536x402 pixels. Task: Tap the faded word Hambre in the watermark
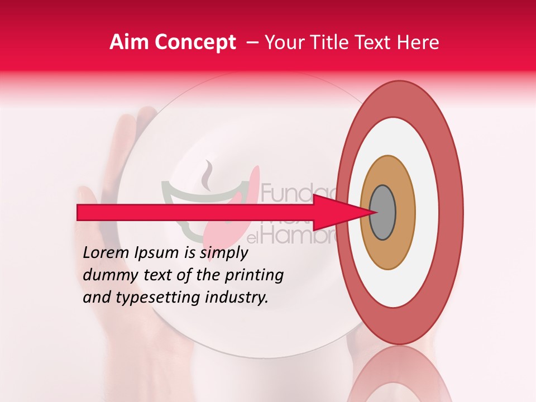(296, 237)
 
